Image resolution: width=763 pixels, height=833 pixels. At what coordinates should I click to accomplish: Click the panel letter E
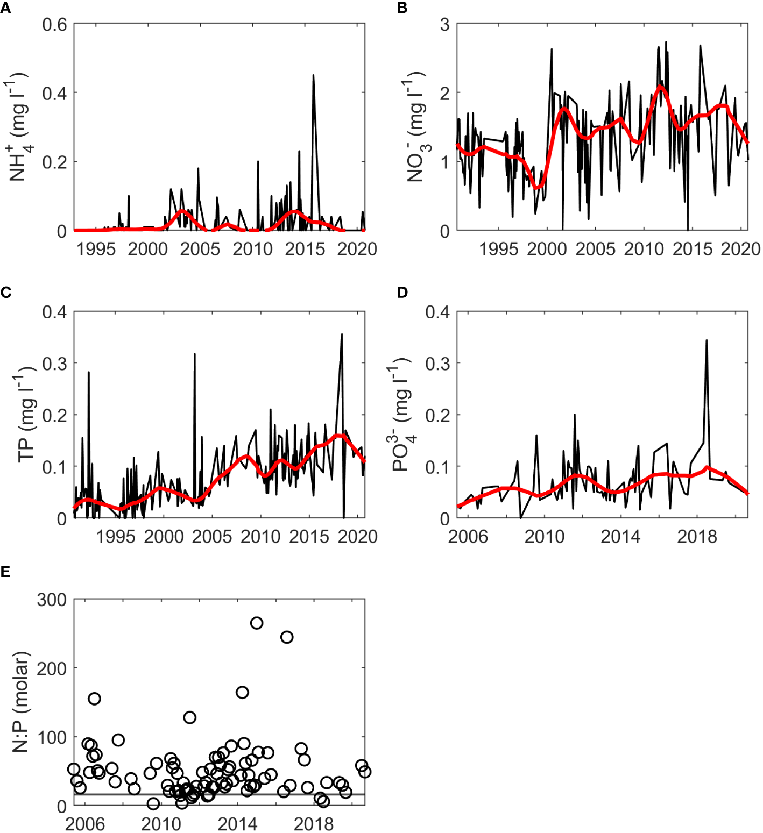pyautogui.click(x=5, y=571)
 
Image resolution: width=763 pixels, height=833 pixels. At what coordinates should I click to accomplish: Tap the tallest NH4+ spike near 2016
pyautogui.click(x=313, y=76)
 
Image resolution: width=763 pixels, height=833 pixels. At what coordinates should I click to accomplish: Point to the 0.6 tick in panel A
pyautogui.click(x=54, y=25)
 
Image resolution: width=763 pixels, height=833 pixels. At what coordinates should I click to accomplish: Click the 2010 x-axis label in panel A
pyautogui.click(x=252, y=249)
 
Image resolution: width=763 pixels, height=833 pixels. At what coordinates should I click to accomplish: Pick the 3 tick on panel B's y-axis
pyautogui.click(x=444, y=25)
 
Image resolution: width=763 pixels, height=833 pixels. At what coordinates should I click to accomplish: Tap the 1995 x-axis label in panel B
pyautogui.click(x=498, y=249)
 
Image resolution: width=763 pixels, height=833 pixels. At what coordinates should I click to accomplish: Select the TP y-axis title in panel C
pyautogui.click(x=26, y=415)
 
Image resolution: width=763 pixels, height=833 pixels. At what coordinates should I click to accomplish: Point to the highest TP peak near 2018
pyautogui.click(x=342, y=336)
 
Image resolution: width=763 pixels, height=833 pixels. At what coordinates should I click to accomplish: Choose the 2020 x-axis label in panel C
pyautogui.click(x=357, y=536)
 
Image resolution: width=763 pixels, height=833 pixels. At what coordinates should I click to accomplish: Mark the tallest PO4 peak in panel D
pyautogui.click(x=707, y=341)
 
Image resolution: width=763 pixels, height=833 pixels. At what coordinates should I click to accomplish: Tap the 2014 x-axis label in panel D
pyautogui.click(x=620, y=536)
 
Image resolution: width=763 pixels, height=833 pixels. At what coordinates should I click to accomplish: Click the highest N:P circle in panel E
pyautogui.click(x=257, y=623)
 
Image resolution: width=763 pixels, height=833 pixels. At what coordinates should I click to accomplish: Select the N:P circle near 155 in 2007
pyautogui.click(x=94, y=699)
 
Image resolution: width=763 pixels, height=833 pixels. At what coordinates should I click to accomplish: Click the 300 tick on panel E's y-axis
pyautogui.click(x=52, y=600)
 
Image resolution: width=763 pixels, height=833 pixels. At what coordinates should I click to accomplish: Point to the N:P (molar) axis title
pyautogui.click(x=20, y=702)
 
